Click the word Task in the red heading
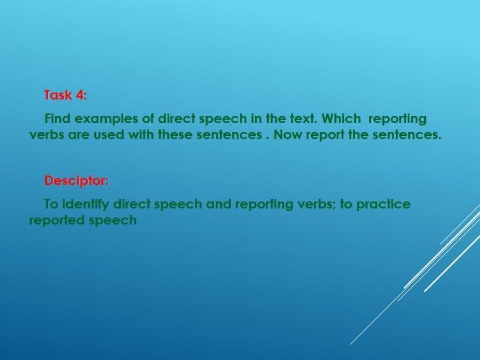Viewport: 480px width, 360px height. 58,95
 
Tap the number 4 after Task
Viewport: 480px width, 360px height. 81,95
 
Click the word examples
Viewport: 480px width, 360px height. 106,119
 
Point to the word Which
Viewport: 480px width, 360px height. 341,118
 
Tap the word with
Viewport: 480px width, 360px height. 141,134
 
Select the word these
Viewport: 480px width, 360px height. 175,134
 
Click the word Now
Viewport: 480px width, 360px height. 287,135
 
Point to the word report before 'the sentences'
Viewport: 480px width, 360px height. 325,135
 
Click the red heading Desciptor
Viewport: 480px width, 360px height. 77,181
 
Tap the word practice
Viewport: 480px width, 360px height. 383,205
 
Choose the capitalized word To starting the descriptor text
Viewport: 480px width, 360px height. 51,204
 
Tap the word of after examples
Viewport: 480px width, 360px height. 148,118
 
